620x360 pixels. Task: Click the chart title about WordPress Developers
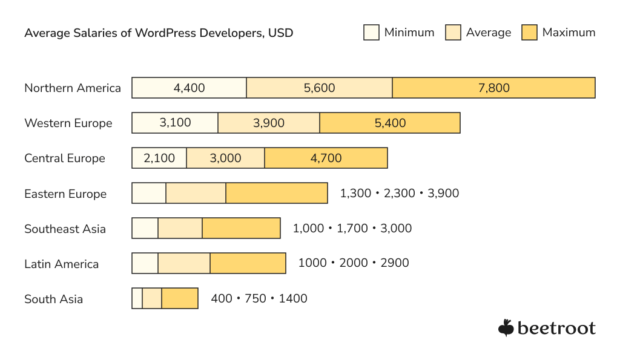(x=159, y=33)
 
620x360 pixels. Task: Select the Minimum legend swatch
(x=371, y=33)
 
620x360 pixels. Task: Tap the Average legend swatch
(x=453, y=33)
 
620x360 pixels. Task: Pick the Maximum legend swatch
(x=529, y=33)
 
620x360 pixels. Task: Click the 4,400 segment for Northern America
(x=189, y=88)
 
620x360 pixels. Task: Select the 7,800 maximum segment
(x=493, y=88)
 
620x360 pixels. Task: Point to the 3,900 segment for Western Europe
(x=269, y=123)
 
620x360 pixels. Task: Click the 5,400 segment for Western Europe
(x=390, y=123)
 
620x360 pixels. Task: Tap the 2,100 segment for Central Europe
(x=159, y=158)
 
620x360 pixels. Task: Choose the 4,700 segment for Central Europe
(x=326, y=158)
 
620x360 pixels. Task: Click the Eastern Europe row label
(x=65, y=194)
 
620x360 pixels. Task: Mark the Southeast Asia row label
(x=65, y=229)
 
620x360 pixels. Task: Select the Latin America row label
(x=61, y=264)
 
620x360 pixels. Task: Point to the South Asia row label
(x=53, y=299)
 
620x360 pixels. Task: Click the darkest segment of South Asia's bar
(x=180, y=298)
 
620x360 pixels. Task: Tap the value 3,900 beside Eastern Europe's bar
(x=443, y=194)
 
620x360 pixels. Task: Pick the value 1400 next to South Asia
(x=293, y=299)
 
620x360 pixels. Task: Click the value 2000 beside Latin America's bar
(x=354, y=263)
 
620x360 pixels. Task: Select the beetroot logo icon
(x=506, y=327)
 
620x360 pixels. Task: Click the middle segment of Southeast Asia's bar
(x=180, y=229)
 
